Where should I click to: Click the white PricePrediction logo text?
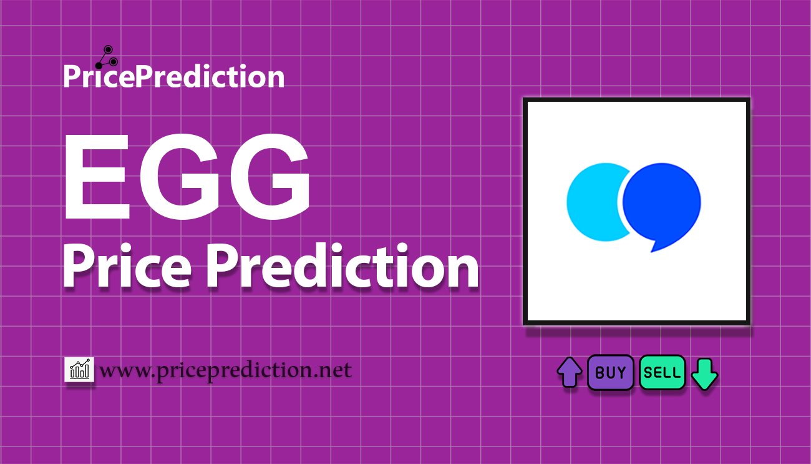tap(173, 77)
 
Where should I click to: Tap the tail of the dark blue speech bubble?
tap(655, 245)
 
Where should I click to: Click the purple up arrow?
tap(569, 372)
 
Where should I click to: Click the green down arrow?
tap(705, 373)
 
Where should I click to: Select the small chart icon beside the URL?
tap(79, 370)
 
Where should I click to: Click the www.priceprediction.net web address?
tap(226, 371)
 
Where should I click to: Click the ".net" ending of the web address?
tap(334, 371)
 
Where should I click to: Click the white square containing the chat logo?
tap(636, 211)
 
